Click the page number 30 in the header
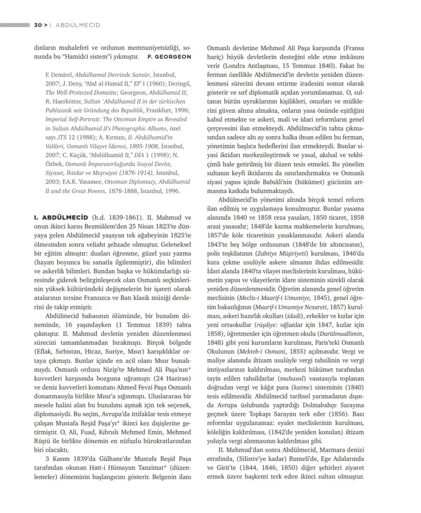pos(38,25)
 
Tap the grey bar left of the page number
pos(15,25)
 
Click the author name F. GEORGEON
pos(169,57)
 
